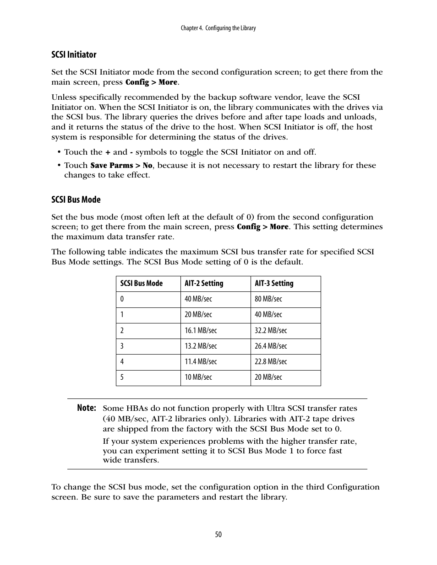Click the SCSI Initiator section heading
pos(74,55)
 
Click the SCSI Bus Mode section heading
pos(76,200)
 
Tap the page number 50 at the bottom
pos(218,534)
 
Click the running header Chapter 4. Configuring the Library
pos(218,28)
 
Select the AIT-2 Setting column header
pos(204,284)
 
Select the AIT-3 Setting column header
pos(274,284)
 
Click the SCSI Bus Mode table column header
pos(141,284)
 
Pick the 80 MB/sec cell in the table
pos(268,299)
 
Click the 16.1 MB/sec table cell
pos(201,330)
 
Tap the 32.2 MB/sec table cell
pos(271,330)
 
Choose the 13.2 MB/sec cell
pos(201,346)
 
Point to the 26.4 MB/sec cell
pos(271,346)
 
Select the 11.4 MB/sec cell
pos(201,362)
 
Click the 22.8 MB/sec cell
pos(271,362)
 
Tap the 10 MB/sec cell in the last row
pos(198,377)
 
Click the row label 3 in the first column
pos(122,346)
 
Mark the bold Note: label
pos(87,408)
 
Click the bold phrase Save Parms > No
pos(121,166)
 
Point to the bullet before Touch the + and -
pos(59,152)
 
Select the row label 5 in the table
pos(122,377)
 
